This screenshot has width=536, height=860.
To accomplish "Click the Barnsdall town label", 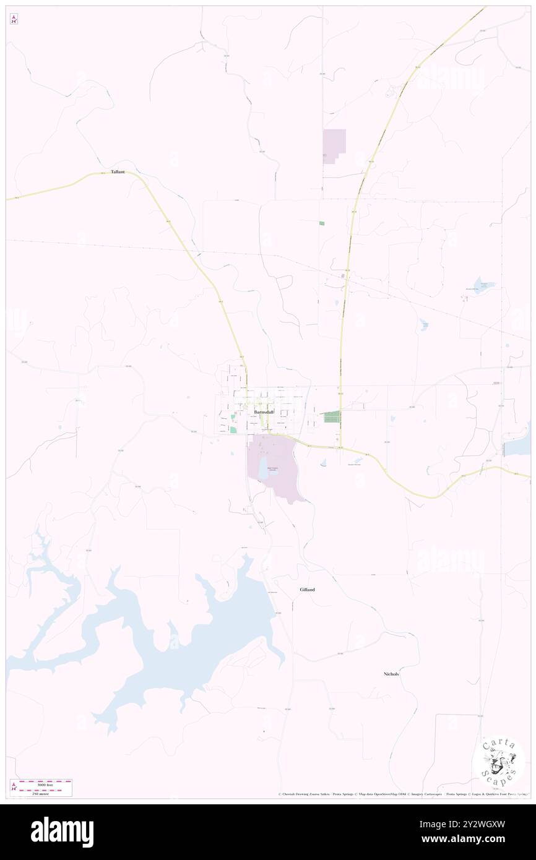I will (x=263, y=411).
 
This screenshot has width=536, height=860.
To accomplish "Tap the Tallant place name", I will (x=118, y=172).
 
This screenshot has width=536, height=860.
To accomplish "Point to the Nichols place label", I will (x=391, y=674).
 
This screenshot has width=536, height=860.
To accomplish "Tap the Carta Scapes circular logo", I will (x=498, y=760).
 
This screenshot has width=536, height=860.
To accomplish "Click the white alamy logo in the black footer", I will (x=62, y=832).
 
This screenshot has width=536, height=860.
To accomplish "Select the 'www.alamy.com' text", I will (x=472, y=840).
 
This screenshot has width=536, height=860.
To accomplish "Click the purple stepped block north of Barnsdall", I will (x=333, y=145).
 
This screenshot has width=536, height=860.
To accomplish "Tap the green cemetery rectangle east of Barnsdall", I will (x=332, y=417).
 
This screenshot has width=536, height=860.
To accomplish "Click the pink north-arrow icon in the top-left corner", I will (x=14, y=19).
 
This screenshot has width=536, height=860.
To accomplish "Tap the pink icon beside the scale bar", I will (x=14, y=787).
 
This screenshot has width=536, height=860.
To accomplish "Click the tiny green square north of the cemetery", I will (x=321, y=223).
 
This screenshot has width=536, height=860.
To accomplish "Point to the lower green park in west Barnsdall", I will (x=233, y=430).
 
